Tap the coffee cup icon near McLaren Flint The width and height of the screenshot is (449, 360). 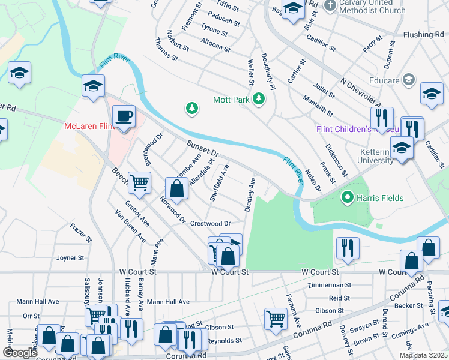pos(124,116)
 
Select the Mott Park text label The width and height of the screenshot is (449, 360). pos(231,99)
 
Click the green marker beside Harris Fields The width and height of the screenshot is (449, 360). pos(346,197)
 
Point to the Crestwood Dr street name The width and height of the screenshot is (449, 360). pos(210,223)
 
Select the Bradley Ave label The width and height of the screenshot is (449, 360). pos(249,194)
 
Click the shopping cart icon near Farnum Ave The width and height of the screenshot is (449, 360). pos(276,318)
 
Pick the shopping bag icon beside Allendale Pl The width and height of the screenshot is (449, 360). pos(176,188)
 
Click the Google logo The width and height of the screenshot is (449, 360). pos(20,352)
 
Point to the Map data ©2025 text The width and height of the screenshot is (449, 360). pos(423,355)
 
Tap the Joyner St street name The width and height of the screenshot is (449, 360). pos(70,258)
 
